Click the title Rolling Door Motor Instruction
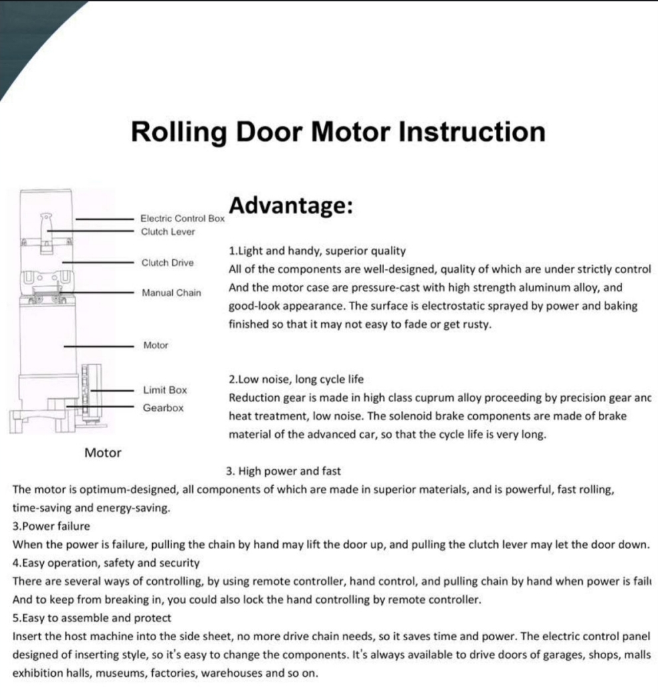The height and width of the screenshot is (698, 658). click(338, 131)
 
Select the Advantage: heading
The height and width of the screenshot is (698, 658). click(290, 206)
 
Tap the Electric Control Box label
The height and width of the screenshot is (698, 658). click(183, 218)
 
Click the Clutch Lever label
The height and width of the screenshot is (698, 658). click(168, 231)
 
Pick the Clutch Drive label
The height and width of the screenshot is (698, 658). click(167, 263)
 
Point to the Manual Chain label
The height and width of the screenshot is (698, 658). click(171, 292)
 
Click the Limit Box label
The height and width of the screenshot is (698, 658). click(165, 390)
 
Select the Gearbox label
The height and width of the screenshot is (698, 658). click(163, 407)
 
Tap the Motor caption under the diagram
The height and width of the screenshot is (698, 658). click(103, 453)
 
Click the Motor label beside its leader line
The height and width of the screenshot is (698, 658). click(156, 346)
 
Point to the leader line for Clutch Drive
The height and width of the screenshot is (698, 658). click(100, 263)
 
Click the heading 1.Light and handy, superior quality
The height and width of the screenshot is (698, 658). click(316, 251)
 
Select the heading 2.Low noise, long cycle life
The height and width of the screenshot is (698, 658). click(296, 380)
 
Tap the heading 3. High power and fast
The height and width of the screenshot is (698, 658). click(283, 471)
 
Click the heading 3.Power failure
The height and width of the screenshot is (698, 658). click(51, 526)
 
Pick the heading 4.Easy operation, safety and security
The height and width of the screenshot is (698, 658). click(106, 562)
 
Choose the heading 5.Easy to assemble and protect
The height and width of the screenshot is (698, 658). click(92, 617)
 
